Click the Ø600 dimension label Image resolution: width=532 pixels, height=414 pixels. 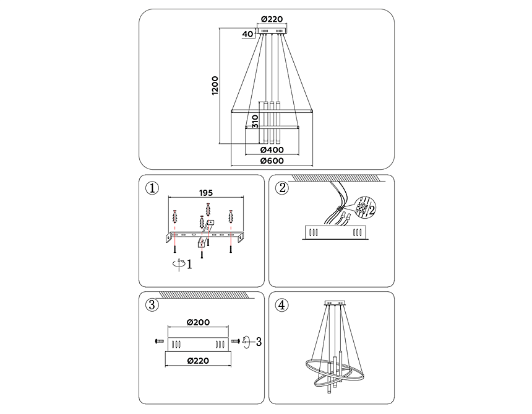(272, 161)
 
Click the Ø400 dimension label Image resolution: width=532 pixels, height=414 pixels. (272, 150)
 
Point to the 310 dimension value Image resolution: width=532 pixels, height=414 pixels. (255, 120)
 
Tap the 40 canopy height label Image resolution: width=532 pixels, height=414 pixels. (247, 35)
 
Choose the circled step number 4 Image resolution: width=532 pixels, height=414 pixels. (282, 305)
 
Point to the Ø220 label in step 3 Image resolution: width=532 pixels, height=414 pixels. (197, 360)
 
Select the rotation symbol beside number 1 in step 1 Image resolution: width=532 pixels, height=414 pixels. (179, 264)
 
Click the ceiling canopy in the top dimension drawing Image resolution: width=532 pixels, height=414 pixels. (272, 30)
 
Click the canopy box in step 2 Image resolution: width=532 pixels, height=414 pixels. (335, 232)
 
